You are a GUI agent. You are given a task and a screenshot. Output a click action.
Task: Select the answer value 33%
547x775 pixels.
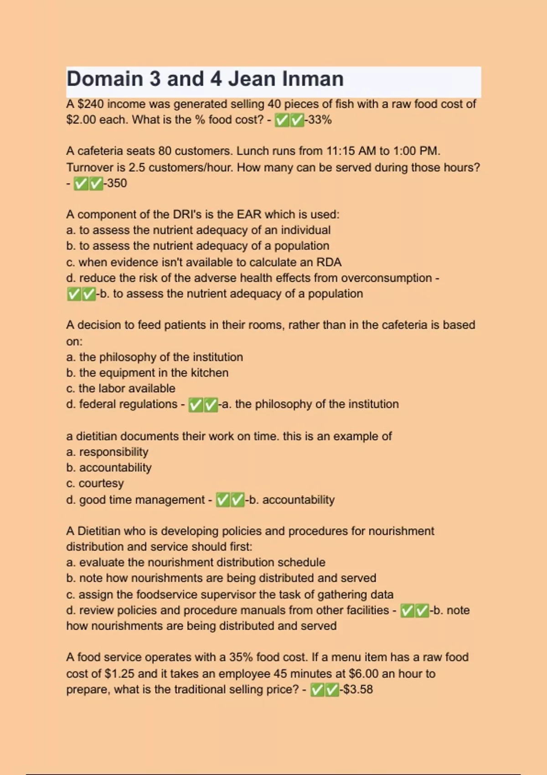pyautogui.click(x=320, y=120)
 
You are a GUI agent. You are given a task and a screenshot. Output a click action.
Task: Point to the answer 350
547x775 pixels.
pyautogui.click(x=117, y=183)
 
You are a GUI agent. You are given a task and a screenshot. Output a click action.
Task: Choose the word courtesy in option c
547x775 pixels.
pyautogui.click(x=101, y=483)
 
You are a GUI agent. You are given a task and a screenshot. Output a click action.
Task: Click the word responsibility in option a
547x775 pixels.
pyautogui.click(x=114, y=452)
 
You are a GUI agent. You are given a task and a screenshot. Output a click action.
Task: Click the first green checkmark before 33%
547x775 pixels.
pyautogui.click(x=282, y=120)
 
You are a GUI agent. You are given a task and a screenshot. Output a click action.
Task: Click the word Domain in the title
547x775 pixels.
pyautogui.click(x=104, y=79)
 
